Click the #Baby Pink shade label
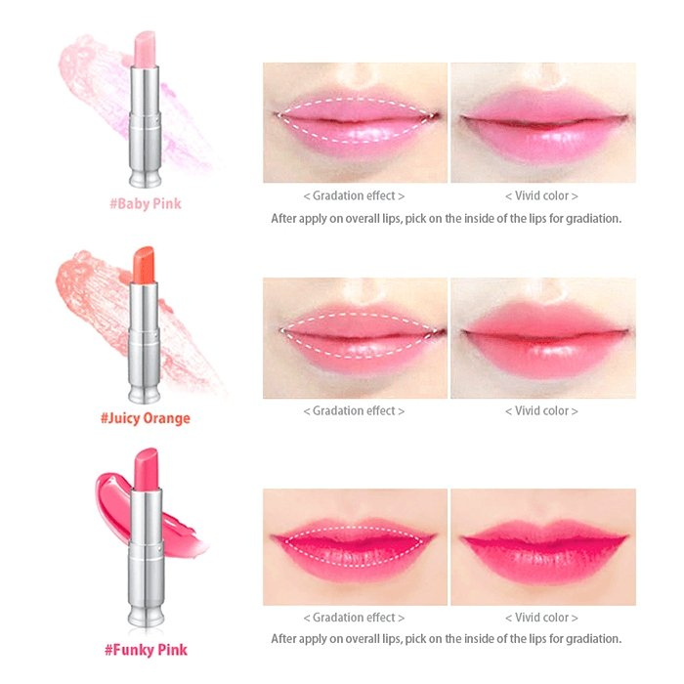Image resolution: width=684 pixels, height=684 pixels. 146,203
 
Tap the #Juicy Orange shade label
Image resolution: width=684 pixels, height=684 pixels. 146,418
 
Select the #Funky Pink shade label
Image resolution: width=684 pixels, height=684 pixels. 146,650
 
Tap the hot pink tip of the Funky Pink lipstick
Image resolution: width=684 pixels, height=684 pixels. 146,468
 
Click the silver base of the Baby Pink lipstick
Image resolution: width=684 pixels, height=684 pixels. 145,126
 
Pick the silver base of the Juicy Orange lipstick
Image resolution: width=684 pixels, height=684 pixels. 144,342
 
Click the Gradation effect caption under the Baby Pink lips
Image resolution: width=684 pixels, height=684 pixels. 354,195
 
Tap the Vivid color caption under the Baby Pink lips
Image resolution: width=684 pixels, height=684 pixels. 541,195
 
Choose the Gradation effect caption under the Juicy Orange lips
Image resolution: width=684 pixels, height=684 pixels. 354,411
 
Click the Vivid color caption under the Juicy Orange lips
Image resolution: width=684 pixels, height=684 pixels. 541,411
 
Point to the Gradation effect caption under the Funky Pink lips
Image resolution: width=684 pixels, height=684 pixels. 354,618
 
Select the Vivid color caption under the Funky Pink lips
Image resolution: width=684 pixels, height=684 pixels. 541,618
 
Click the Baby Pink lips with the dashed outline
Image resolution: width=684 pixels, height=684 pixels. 355,122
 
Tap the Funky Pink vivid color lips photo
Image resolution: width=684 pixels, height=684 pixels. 543,547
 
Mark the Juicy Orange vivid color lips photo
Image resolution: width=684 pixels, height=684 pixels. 543,338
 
